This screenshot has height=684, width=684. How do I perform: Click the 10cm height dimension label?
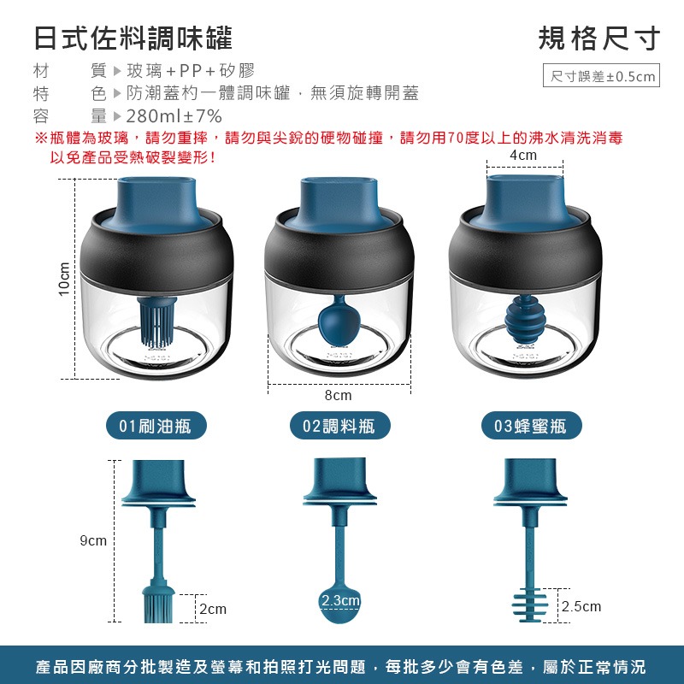pyautogui.click(x=64, y=279)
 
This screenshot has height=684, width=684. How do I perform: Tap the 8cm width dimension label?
pyautogui.click(x=338, y=395)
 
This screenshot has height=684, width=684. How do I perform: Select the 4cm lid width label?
pyautogui.click(x=523, y=155)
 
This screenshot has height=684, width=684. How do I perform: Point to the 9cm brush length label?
pyautogui.click(x=93, y=540)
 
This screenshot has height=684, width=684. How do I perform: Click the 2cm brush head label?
pyautogui.click(x=213, y=609)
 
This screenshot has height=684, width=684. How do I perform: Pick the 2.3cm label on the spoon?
pyautogui.click(x=340, y=600)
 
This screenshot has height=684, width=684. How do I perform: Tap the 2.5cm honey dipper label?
pyautogui.click(x=581, y=606)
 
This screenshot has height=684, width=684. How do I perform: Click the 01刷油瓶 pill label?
pyautogui.click(x=156, y=425)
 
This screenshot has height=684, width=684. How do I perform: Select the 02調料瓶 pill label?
pyautogui.click(x=339, y=425)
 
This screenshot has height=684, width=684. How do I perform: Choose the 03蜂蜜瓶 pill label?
pyautogui.click(x=531, y=425)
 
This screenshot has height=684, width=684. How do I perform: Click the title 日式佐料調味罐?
pyautogui.click(x=133, y=38)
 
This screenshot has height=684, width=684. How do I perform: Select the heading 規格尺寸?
pyautogui.click(x=599, y=38)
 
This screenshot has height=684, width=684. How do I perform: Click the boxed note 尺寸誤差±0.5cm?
pyautogui.click(x=601, y=75)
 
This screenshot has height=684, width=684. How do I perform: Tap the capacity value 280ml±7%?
pyautogui.click(x=174, y=116)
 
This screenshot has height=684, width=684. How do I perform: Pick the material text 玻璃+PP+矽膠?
pyautogui.click(x=191, y=70)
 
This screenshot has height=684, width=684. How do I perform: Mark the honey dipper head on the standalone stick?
pyautogui.click(x=528, y=605)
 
